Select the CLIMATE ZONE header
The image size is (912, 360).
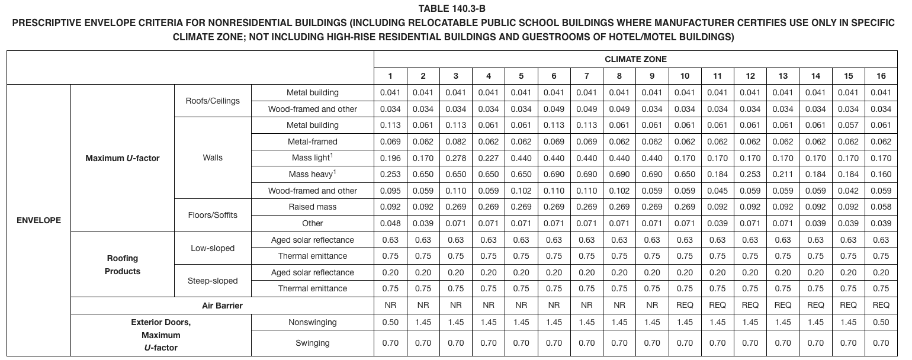(x=635, y=59)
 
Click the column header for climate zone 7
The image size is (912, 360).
(x=586, y=76)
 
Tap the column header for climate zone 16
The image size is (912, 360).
(x=881, y=76)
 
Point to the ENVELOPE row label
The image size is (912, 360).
(x=38, y=220)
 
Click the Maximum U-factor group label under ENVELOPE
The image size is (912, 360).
(x=123, y=158)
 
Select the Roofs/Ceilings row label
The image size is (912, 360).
(x=213, y=101)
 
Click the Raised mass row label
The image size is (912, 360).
(x=312, y=207)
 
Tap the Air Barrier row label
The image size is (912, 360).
(x=222, y=305)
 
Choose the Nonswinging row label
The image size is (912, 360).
(x=312, y=322)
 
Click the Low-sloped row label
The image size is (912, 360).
(x=213, y=248)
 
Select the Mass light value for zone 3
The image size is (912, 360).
(x=455, y=158)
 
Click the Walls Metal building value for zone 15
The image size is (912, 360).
(x=848, y=125)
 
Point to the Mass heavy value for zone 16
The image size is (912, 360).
(x=881, y=174)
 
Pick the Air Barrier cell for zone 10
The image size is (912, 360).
(x=685, y=305)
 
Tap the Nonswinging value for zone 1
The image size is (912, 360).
(x=390, y=322)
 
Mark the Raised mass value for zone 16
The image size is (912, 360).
(x=881, y=207)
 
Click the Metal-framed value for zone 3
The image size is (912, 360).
(x=455, y=142)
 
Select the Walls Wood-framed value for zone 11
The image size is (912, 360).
(x=717, y=191)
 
